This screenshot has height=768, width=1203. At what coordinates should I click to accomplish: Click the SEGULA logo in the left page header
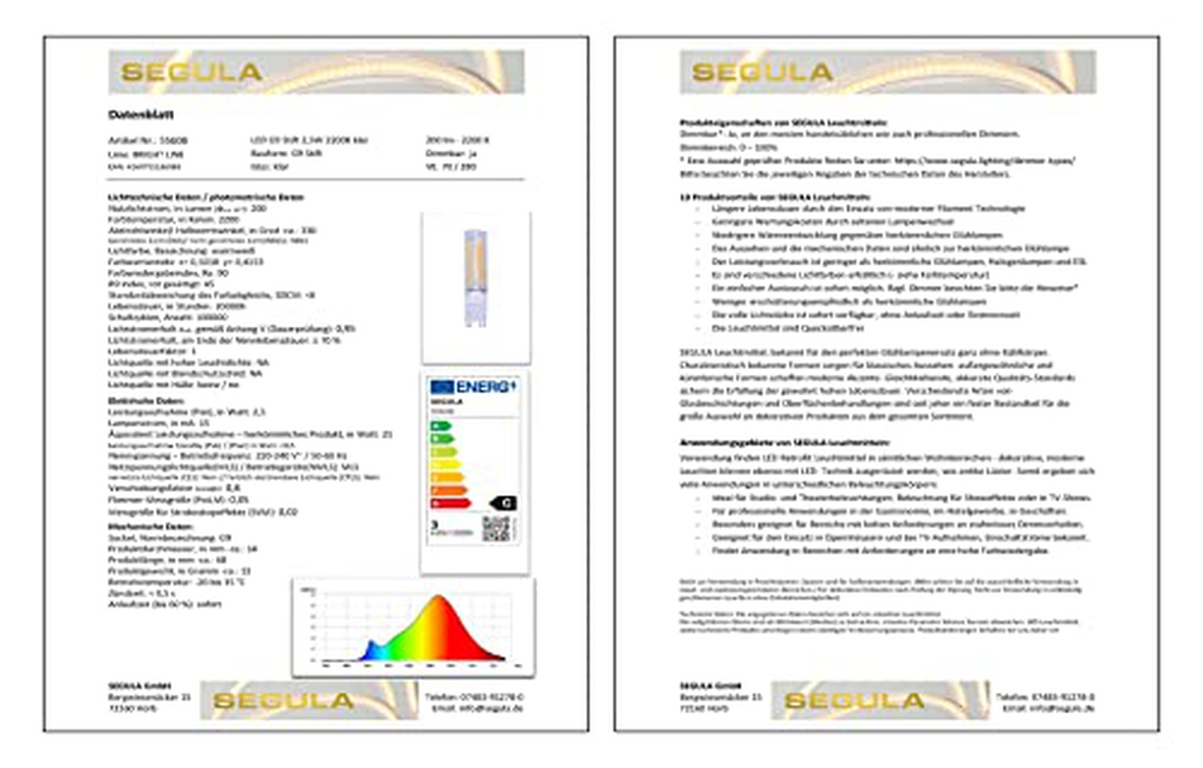coord(191,72)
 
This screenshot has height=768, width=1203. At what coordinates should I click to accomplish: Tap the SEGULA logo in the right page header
coord(762,72)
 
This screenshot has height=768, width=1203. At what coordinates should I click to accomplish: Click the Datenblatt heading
coord(141,115)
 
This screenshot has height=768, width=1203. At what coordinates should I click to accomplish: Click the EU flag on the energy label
coord(442,387)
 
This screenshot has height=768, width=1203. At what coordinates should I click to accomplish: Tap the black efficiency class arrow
coord(504,503)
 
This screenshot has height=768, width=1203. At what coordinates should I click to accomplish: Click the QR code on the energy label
coord(496,529)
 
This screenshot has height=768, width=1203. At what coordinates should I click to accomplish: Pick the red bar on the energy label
coord(450,504)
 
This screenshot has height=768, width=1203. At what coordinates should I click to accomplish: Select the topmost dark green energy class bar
coord(441,426)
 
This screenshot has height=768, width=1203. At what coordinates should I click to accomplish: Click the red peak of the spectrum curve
coord(440,605)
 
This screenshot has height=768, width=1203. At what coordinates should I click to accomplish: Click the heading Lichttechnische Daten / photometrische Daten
coord(205,197)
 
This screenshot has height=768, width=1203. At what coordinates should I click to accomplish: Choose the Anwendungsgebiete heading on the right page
coord(784,442)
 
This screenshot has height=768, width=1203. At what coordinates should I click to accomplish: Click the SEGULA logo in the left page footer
coord(283,701)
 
